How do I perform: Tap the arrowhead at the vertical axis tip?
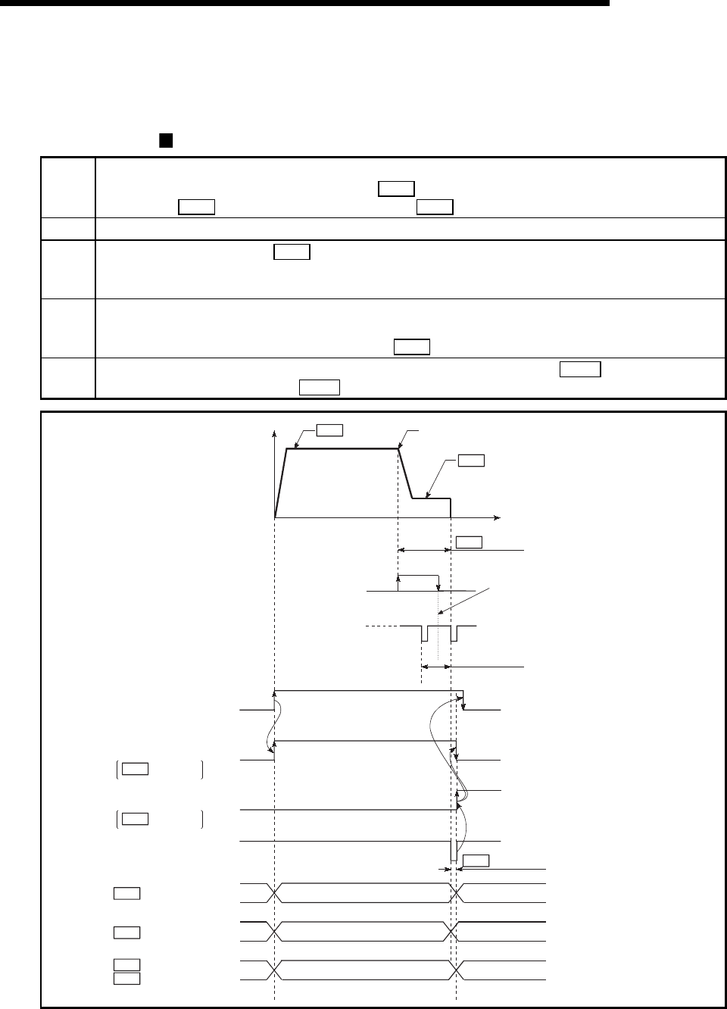click(274, 434)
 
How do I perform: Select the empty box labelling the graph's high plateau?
click(329, 430)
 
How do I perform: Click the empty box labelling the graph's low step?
click(471, 461)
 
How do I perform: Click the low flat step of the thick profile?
click(431, 498)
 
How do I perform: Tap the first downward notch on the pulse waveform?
click(424, 634)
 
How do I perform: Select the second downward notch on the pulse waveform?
click(452, 634)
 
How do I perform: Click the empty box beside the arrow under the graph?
click(470, 542)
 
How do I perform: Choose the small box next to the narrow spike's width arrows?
click(476, 861)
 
